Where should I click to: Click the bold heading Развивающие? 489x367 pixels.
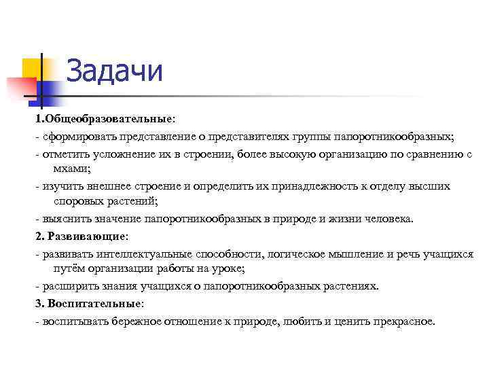85,237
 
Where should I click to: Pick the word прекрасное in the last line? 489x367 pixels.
401,320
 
